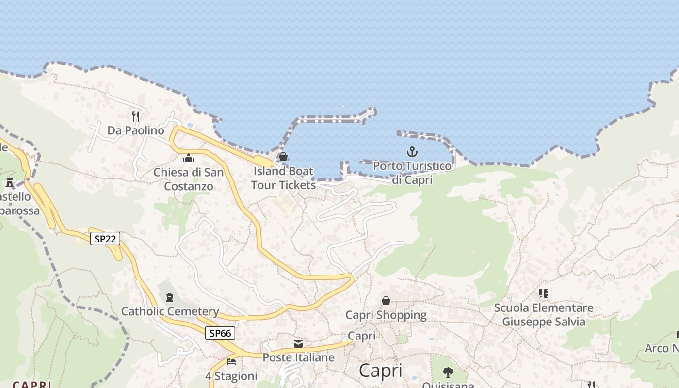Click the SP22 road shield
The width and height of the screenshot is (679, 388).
(105, 238)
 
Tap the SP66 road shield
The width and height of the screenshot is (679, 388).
(220, 333)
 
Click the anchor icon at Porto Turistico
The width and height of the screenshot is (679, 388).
(412, 152)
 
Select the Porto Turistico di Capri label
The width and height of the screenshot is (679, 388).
(412, 173)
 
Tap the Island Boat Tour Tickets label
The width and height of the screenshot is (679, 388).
(283, 178)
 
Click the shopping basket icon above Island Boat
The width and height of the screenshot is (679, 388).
(283, 157)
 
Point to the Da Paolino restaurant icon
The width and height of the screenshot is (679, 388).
(136, 116)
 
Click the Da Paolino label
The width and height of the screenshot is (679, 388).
(136, 130)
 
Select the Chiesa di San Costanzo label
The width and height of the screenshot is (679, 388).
(189, 179)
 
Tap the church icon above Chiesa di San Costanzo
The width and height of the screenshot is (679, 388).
(189, 158)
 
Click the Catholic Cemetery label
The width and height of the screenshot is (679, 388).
(170, 311)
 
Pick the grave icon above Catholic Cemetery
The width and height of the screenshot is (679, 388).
(170, 297)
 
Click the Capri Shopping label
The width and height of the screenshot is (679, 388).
(386, 315)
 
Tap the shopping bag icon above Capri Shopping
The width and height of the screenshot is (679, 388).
(386, 301)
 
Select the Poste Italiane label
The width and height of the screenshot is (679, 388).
(298, 357)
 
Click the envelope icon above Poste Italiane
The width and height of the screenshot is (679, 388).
(298, 344)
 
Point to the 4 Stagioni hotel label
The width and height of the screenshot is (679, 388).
(231, 376)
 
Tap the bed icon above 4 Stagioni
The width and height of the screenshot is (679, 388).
(231, 362)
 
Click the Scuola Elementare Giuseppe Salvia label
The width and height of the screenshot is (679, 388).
(544, 315)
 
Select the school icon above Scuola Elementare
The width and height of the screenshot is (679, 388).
(544, 293)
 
